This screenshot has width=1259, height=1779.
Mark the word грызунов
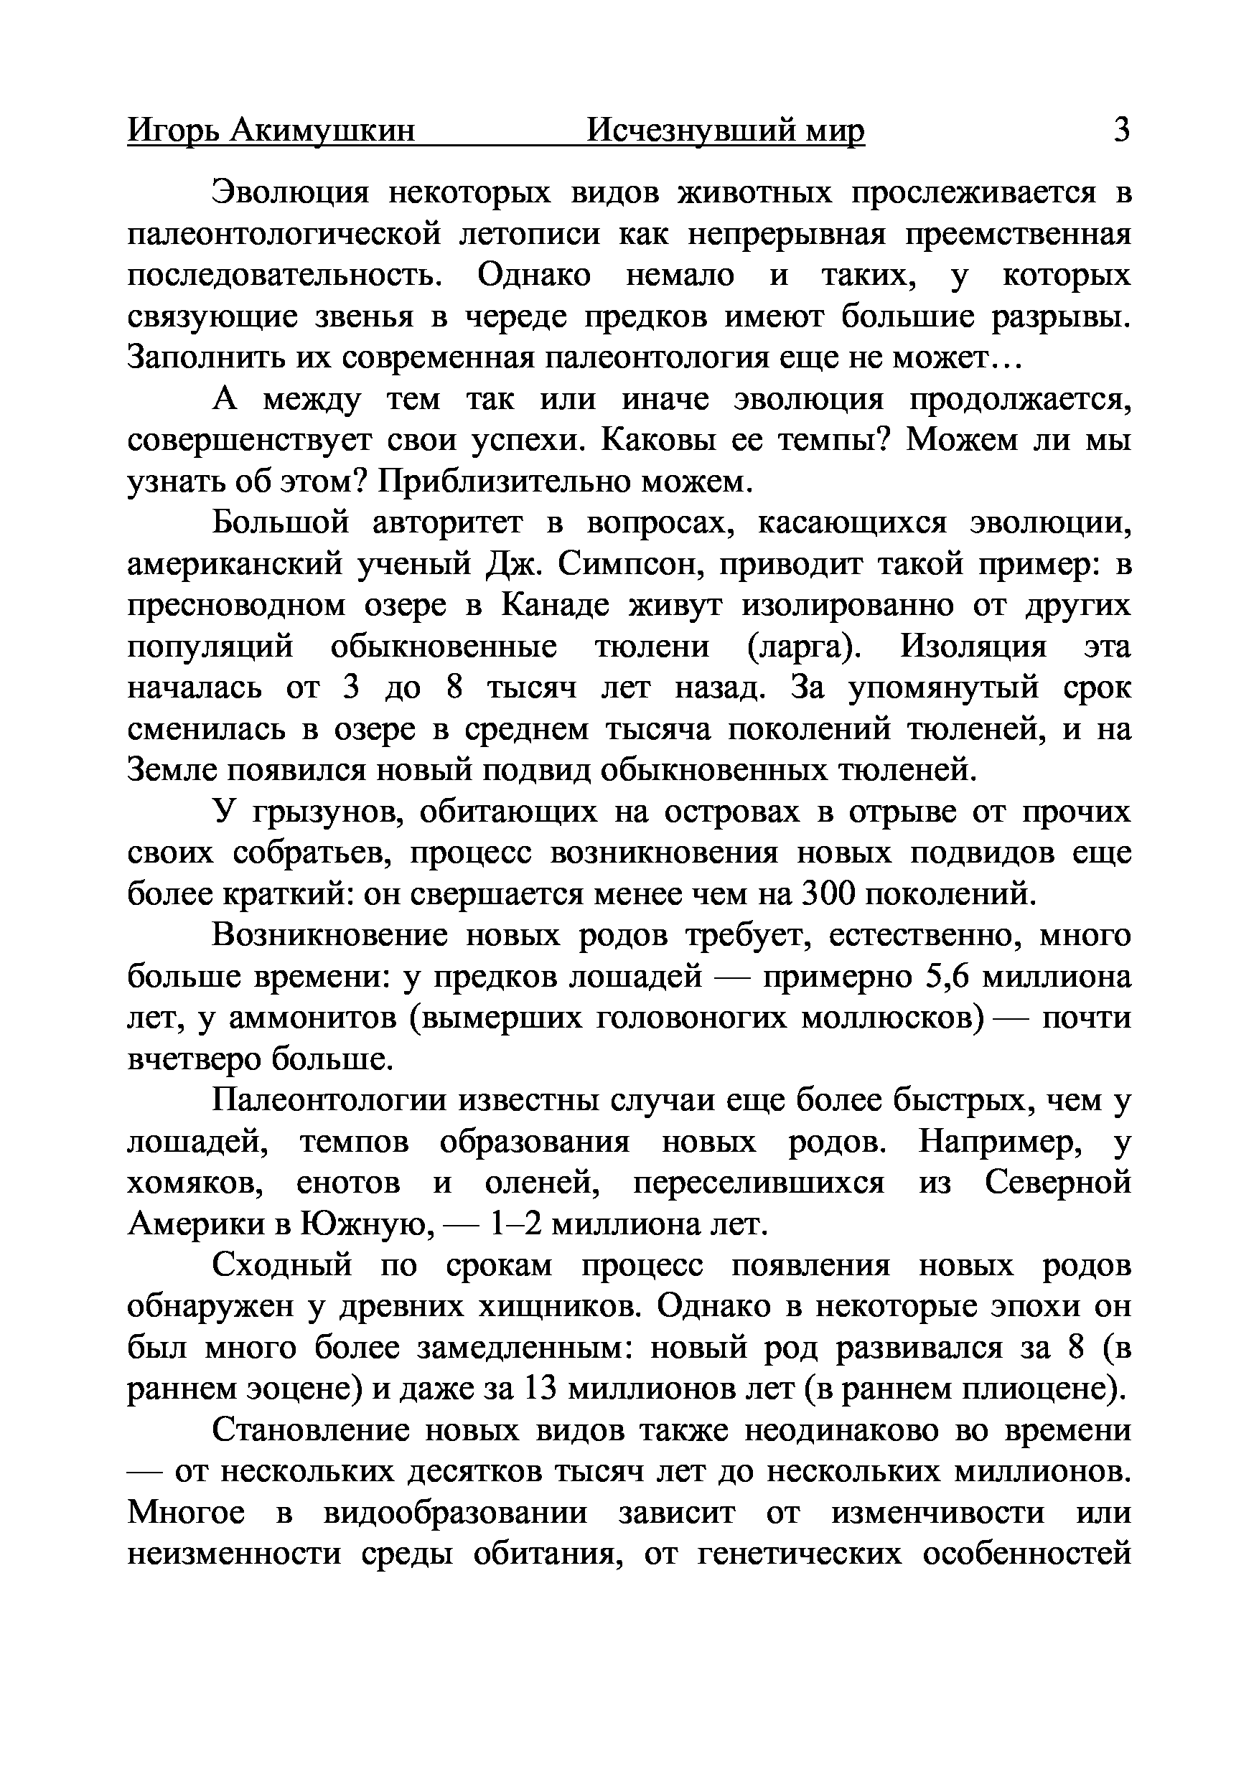coord(331,812)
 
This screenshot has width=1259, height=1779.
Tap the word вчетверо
coord(193,1060)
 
